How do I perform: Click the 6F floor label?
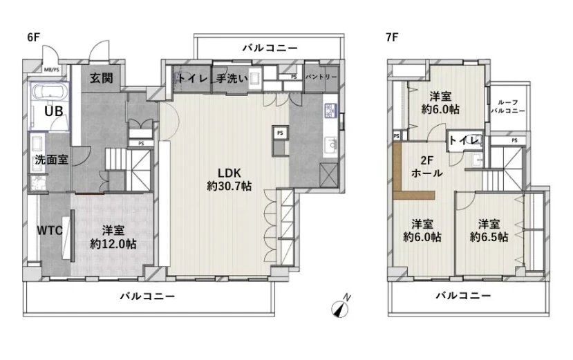pyautogui.click(x=33, y=37)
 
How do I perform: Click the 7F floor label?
pyautogui.click(x=392, y=37)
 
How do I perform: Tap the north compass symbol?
pyautogui.click(x=341, y=307)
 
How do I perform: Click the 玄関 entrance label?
pyautogui.click(x=101, y=78)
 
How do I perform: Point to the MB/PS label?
pyautogui.click(x=52, y=69)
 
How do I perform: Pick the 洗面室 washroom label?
pyautogui.click(x=52, y=160)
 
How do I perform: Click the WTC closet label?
pyautogui.click(x=50, y=230)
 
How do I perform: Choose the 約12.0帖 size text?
pyautogui.click(x=113, y=244)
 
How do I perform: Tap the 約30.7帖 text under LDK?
pyautogui.click(x=229, y=186)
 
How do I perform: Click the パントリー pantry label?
pyautogui.click(x=321, y=77)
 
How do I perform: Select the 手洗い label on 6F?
pyautogui.click(x=232, y=78)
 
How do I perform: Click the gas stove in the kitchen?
pyautogui.click(x=330, y=111)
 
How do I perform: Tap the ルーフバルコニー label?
pyautogui.click(x=508, y=106)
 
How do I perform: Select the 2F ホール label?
pyautogui.click(x=427, y=167)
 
